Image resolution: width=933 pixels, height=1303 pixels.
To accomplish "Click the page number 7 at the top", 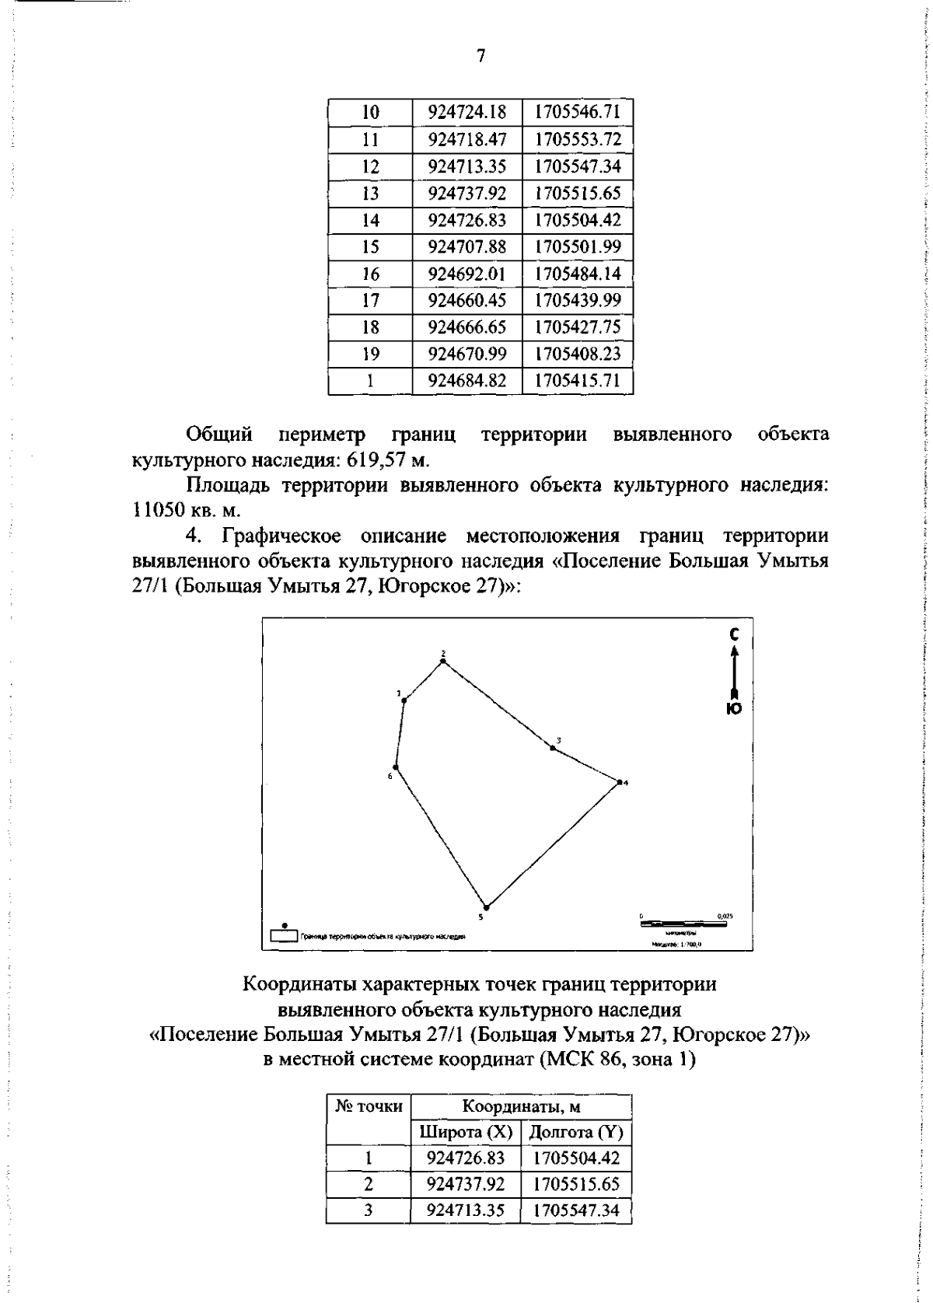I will pos(480,55).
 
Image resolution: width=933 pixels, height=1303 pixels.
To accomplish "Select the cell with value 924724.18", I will pos(467,113).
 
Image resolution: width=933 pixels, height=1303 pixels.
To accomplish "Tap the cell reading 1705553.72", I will pos(577,140).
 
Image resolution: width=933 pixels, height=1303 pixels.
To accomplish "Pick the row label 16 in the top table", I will pos(370,274).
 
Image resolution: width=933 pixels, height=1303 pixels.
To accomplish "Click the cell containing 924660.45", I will pos(467,300).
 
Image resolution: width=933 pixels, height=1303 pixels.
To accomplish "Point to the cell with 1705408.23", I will pos(577,354).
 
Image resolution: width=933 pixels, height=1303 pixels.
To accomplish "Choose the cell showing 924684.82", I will pos(467,381).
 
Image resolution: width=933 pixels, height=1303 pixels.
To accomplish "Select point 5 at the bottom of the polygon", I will pos(486,907).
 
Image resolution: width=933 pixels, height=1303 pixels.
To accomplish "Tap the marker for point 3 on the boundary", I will pos(553,748).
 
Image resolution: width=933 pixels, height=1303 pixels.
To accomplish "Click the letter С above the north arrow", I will pos(733,635).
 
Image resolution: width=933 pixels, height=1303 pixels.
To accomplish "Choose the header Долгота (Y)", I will pos(576,1131).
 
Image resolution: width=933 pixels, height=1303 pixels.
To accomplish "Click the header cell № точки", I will pos(369,1106).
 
